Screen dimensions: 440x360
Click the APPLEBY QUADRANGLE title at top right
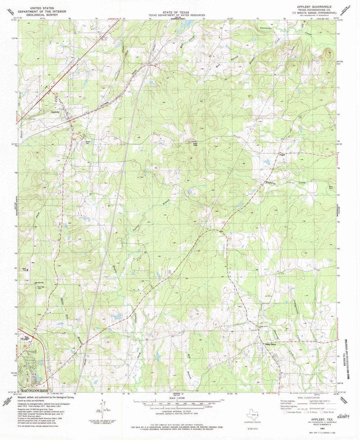310,7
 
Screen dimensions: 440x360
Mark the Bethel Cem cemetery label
87,141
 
